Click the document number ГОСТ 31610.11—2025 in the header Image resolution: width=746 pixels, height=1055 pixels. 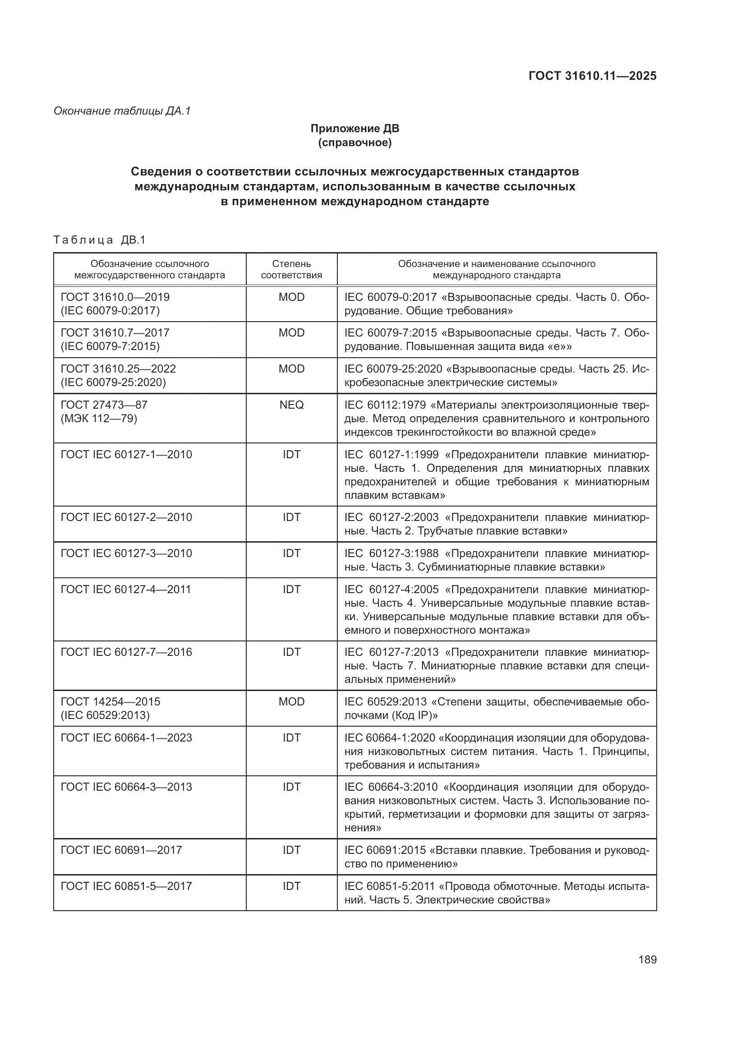592,76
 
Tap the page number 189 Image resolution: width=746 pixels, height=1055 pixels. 647,959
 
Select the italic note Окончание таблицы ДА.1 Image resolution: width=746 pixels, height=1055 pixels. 122,111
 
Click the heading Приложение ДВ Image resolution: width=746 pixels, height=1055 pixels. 355,129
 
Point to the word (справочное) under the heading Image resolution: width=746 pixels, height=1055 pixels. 355,143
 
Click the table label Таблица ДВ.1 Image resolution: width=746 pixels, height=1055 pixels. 99,240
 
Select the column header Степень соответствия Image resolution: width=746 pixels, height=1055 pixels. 291,269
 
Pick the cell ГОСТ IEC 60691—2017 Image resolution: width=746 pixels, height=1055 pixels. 121,850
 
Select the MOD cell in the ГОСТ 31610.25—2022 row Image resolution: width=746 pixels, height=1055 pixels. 291,369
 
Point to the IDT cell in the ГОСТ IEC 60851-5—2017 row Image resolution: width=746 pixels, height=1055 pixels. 291,886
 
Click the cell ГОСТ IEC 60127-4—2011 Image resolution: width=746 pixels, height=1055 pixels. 126,589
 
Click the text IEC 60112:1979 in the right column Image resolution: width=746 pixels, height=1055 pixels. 387,405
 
